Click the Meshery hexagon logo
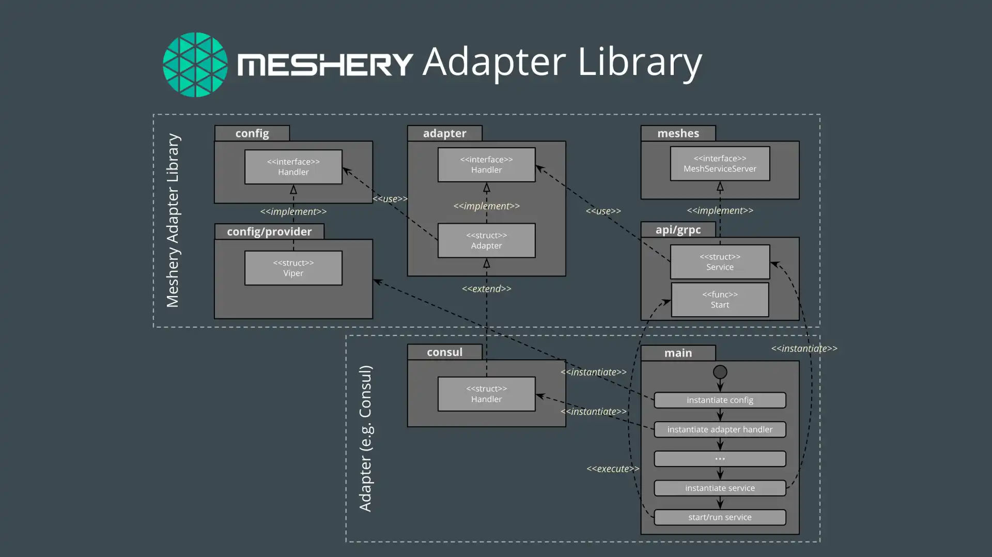tap(195, 65)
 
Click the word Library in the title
tap(639, 62)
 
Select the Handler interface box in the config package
tap(293, 167)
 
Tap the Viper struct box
tap(293, 268)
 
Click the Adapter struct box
tap(486, 240)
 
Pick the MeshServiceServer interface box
tap(720, 164)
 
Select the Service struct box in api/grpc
tap(720, 262)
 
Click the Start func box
tap(720, 300)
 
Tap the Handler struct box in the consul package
tap(486, 394)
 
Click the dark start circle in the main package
tap(720, 372)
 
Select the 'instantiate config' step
tap(720, 400)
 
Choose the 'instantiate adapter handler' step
tap(720, 429)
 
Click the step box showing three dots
tap(720, 459)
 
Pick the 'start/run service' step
tap(720, 517)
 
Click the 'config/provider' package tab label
tap(269, 231)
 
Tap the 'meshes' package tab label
tap(678, 133)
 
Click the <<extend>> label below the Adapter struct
tap(486, 289)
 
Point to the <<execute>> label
tap(613, 469)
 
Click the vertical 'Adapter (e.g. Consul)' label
tap(365, 439)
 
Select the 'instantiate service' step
tap(720, 488)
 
